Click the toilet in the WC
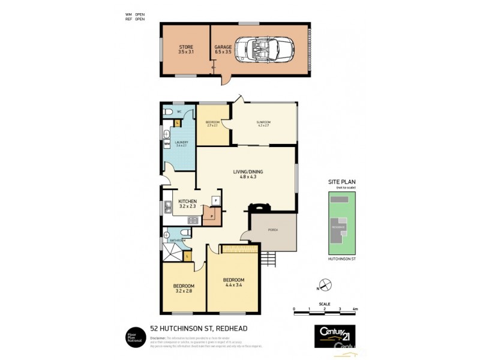(x=168, y=112)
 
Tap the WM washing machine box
(x=166, y=144)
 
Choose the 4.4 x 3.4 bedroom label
(x=233, y=283)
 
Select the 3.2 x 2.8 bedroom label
(x=183, y=289)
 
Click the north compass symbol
(x=324, y=284)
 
